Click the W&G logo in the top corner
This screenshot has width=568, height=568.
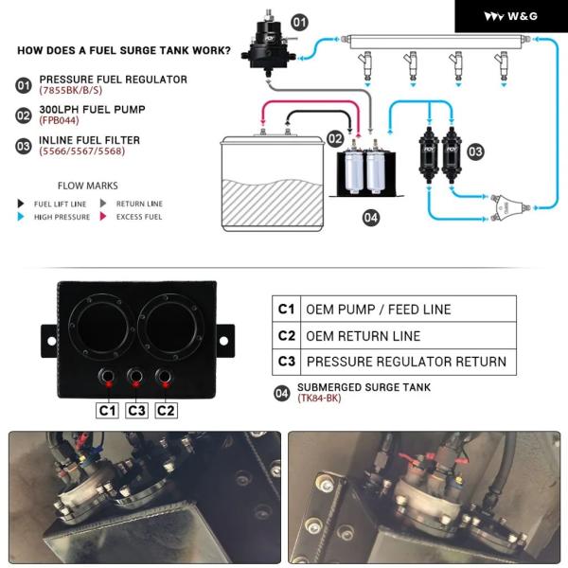pos(511,16)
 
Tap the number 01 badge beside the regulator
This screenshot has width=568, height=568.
pos(299,22)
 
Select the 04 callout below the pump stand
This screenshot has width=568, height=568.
pos(370,218)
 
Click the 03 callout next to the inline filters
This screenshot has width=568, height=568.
pos(475,150)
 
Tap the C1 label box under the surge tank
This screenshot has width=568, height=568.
pos(107,410)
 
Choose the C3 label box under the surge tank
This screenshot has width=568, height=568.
pos(136,410)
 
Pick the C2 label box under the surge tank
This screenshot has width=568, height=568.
pos(166,410)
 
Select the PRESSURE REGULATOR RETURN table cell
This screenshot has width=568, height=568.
pos(406,362)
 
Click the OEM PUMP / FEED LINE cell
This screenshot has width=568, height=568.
pos(378,310)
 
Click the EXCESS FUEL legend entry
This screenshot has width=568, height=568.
pos(138,217)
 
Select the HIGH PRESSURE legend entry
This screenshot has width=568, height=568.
pos(62,217)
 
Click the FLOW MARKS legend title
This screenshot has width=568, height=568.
pos(88,186)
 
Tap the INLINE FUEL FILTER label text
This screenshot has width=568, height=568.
pos(90,140)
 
